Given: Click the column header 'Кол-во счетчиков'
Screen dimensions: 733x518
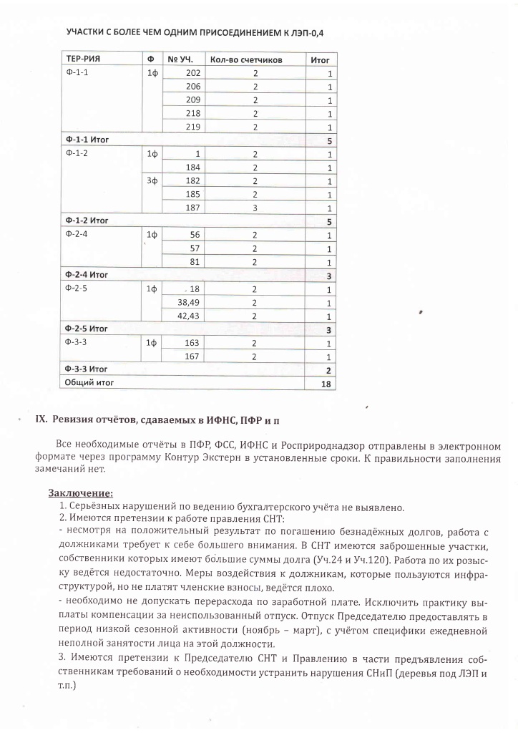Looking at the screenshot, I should (247, 60).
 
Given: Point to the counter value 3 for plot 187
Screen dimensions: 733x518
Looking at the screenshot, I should (254, 208).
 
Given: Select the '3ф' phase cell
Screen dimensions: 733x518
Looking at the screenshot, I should (152, 180).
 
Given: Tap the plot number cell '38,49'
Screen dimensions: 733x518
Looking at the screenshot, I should (188, 302).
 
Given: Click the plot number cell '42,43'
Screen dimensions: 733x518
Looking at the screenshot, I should (188, 316).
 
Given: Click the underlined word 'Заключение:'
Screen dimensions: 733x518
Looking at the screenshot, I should (81, 492).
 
